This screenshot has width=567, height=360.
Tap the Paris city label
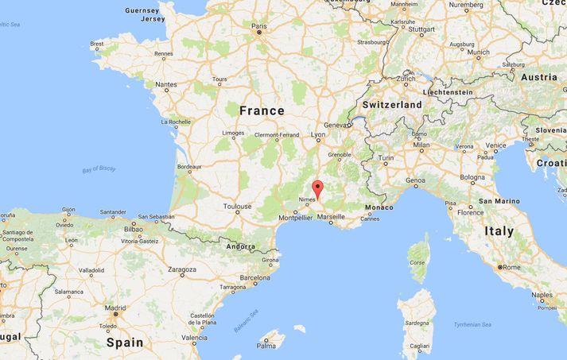259,26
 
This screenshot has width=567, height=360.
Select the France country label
261,110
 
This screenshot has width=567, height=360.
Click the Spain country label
125,343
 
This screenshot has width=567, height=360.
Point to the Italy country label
499,232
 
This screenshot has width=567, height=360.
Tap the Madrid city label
115,308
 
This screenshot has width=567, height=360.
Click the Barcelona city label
255,278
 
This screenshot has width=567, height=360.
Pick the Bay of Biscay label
99,169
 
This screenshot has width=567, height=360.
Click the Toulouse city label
237,206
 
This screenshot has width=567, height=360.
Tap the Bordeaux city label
188,166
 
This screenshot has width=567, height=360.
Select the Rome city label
511,266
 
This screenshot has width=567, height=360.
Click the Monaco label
379,207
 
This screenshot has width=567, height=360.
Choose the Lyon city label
319,135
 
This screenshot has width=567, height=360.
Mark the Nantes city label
166,84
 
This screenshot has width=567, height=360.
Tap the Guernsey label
142,11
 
